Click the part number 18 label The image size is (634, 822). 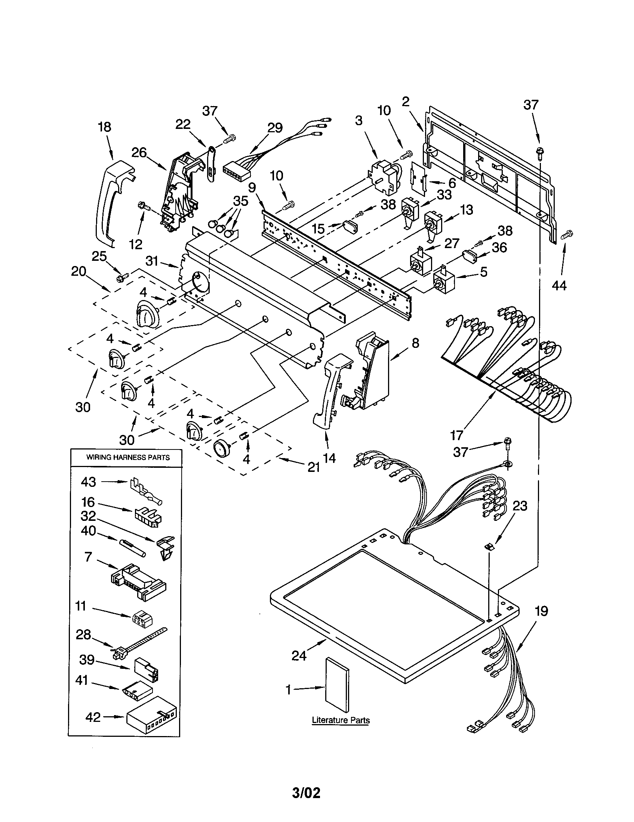pos(105,127)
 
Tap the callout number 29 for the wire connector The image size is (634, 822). pos(275,128)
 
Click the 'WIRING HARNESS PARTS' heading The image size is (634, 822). pos(128,457)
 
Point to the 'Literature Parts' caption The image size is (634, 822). pos(341,720)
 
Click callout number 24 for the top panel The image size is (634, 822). pos(299,656)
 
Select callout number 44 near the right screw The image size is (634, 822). pos(559,286)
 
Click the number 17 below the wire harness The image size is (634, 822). pos(457,435)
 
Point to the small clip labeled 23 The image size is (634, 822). pos(489,547)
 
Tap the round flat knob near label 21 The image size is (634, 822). pos(221,449)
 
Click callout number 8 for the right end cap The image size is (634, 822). pos(415,343)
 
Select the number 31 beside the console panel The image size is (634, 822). pos(152,261)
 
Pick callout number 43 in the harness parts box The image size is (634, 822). pos(89,482)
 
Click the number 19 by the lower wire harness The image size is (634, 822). pos(541,611)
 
